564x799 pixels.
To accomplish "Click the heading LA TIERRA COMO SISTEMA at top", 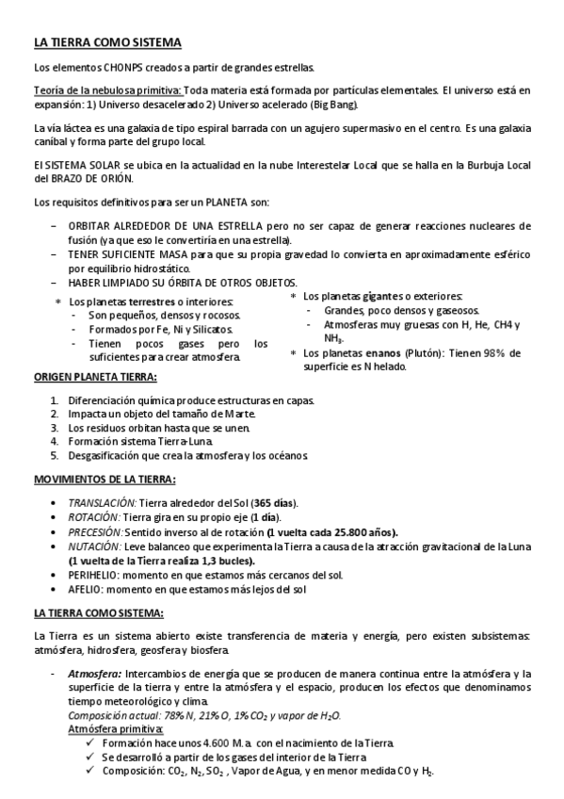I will tap(101, 42).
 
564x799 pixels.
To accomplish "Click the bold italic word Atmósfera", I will tap(95, 675).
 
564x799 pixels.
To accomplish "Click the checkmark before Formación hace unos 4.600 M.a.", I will tap(89, 743).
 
